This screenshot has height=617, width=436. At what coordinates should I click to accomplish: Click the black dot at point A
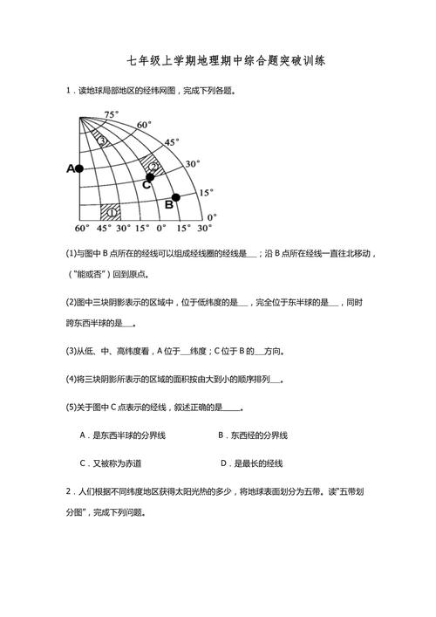click(79, 168)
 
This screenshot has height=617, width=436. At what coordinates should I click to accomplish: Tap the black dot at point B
click(175, 198)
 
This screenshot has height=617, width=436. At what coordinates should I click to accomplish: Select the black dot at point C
click(150, 175)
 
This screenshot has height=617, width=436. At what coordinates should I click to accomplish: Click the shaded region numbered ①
click(111, 211)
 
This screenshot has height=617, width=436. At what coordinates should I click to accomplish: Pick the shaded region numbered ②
click(153, 165)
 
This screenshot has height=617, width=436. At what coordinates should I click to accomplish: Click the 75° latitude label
click(111, 114)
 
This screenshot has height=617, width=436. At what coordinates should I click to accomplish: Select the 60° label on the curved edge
click(143, 124)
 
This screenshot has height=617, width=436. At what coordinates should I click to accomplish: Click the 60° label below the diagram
click(81, 229)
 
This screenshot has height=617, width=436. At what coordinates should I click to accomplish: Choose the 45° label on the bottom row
click(103, 229)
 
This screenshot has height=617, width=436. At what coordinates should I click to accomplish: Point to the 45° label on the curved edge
click(172, 141)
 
